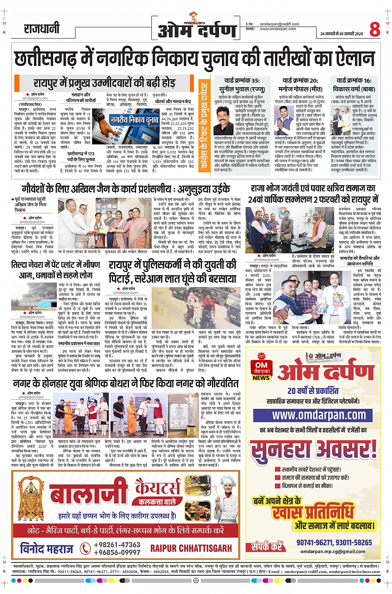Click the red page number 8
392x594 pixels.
coord(375,29)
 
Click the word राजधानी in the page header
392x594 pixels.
coord(41,29)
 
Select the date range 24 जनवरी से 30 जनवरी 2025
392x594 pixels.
coord(341,34)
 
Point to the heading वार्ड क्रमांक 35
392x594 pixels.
coord(242,81)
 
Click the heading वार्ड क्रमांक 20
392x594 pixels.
coord(300,81)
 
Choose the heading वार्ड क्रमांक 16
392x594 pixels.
coord(354,80)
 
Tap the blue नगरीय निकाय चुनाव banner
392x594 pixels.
coord(134,120)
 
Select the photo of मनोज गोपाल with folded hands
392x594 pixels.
coord(284,120)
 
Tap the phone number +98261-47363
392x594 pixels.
coord(117,545)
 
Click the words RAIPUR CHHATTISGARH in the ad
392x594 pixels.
coord(191,548)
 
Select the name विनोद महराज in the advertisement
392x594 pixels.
coord(46,549)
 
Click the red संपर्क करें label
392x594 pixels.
coord(267,546)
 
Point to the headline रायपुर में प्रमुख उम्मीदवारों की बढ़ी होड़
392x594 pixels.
coord(104,83)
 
